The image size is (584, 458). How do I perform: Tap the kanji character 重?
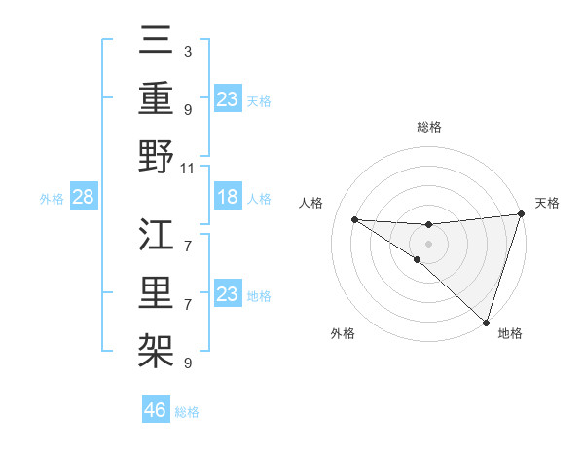pos(156,100)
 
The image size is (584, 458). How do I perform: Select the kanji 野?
pos(156,156)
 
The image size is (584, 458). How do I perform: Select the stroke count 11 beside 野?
pos(188,168)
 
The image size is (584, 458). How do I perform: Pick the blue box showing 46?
pos(156,410)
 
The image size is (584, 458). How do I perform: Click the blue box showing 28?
pos(84,198)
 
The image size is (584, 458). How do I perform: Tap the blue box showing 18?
pos(227,198)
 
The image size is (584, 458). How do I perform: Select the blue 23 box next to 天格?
pos(227,98)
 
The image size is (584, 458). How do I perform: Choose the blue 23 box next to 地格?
pos(227,294)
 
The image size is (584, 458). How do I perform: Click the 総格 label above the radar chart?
pos(428,127)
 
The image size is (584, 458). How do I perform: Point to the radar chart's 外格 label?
pos(343,333)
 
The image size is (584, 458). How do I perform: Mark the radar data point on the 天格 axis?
pos(522,215)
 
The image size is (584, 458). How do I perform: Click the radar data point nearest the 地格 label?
pos(486,322)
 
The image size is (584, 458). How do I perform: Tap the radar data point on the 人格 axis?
pos(354,218)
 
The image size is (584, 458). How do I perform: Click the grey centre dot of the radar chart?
pos(428,241)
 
